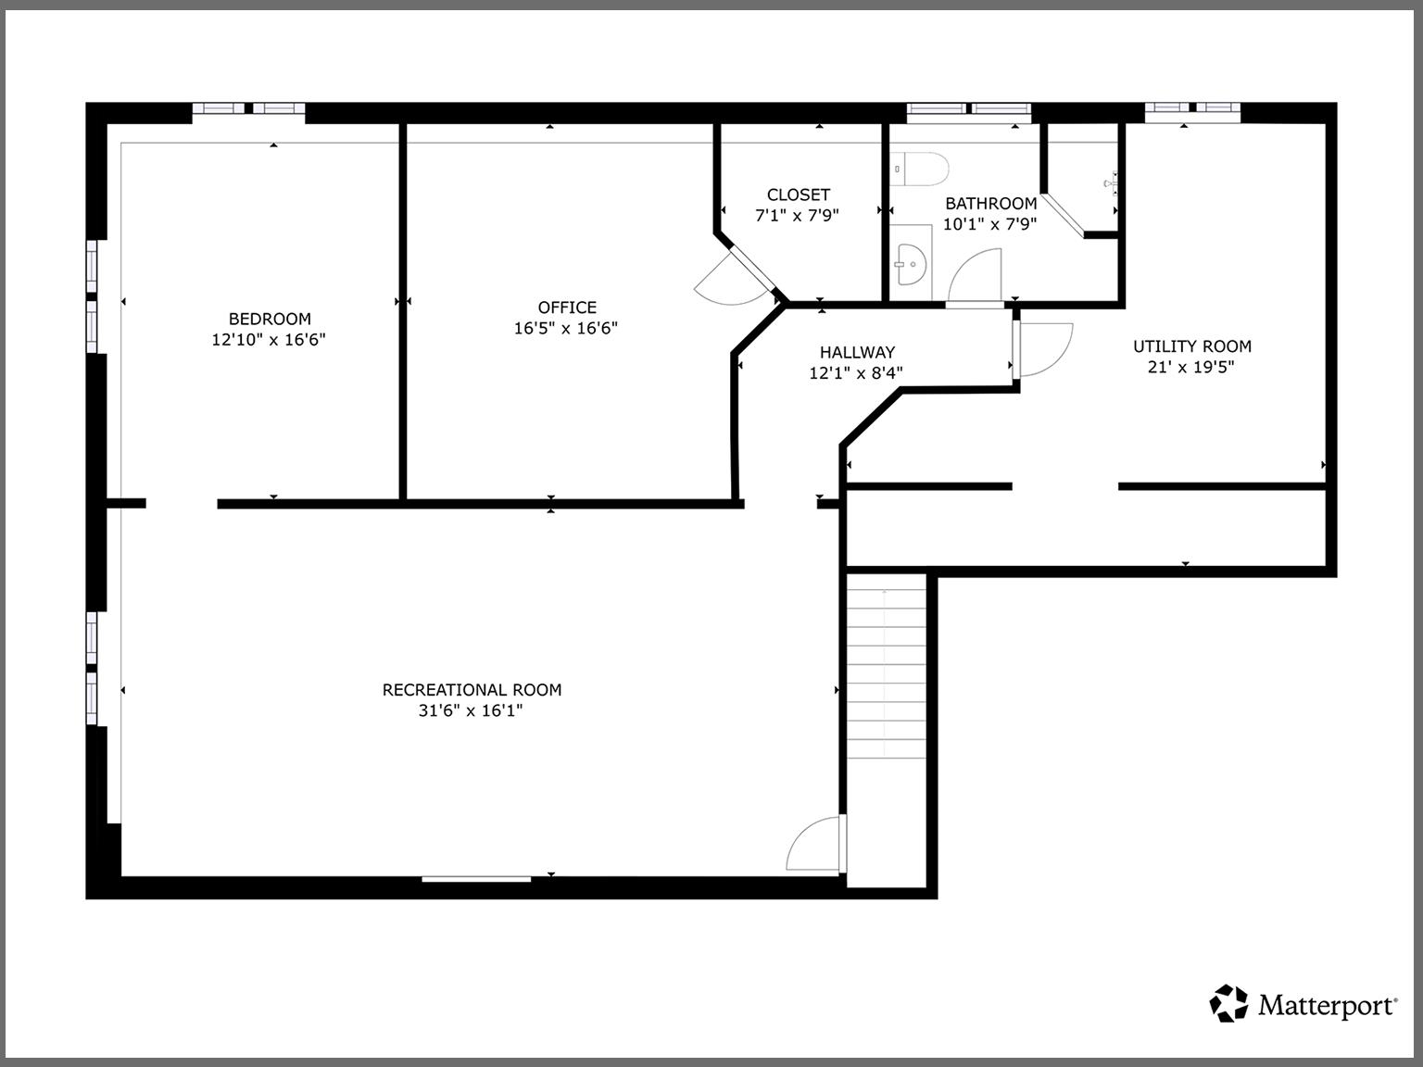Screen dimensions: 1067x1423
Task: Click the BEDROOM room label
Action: pyautogui.click(x=270, y=319)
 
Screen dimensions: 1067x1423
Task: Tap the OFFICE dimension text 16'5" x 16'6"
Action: pyautogui.click(x=566, y=328)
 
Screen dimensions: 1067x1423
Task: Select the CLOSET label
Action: pyautogui.click(x=798, y=195)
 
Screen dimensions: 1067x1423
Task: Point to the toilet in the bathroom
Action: pyautogui.click(x=923, y=169)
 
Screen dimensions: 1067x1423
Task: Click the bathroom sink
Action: pyautogui.click(x=910, y=263)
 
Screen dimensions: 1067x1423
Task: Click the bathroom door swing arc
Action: pyautogui.click(x=975, y=275)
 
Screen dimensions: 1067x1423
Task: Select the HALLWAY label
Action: pyautogui.click(x=857, y=352)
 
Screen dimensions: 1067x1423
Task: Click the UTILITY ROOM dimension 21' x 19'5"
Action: pyautogui.click(x=1191, y=367)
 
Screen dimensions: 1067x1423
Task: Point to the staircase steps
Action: pyautogui.click(x=886, y=667)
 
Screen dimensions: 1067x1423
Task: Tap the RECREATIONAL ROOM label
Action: pyautogui.click(x=472, y=690)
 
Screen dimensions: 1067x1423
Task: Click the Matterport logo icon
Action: pyautogui.click(x=1229, y=1004)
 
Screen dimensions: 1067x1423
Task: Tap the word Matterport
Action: pyautogui.click(x=1327, y=1006)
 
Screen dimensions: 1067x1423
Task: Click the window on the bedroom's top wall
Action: pyautogui.click(x=248, y=109)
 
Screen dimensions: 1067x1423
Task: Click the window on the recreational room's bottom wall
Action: pyautogui.click(x=476, y=878)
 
